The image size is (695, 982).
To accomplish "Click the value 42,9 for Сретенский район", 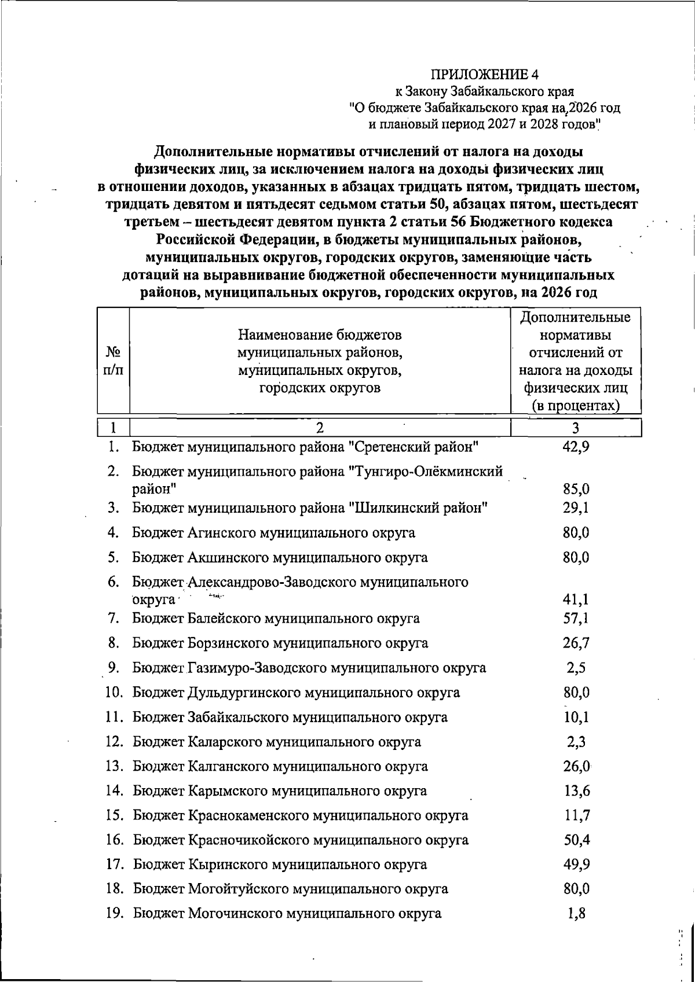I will tap(576, 447).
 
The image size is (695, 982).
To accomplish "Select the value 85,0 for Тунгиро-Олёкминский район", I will tap(576, 489).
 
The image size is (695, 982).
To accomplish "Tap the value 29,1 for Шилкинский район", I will tap(576, 507).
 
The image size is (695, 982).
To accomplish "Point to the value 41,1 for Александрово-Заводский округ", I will tap(576, 600).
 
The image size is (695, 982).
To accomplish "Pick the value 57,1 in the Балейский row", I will tap(576, 618).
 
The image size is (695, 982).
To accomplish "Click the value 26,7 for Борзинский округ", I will tap(576, 643).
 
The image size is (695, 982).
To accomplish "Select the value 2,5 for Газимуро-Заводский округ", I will tap(576, 668).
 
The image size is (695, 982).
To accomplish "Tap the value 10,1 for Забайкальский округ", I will tap(576, 718).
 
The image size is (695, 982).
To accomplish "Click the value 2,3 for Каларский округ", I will tap(576, 742).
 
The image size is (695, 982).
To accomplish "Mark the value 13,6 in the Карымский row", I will tap(576, 791).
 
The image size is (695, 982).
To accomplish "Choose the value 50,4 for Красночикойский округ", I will tap(576, 840).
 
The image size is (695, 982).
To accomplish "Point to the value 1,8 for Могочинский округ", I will tap(576, 914).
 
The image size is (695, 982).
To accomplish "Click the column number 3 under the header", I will tap(575, 428).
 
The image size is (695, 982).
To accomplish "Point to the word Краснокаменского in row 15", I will tap(248, 816).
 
